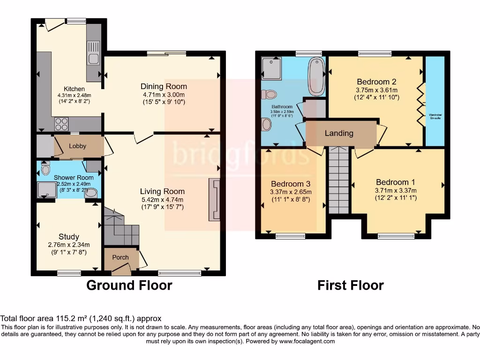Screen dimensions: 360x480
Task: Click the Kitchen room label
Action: [75, 89]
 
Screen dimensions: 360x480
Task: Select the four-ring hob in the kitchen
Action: [62, 123]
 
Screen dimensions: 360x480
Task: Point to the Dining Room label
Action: [164, 86]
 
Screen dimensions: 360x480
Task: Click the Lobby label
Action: [78, 146]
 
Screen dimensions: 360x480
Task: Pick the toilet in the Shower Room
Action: [45, 168]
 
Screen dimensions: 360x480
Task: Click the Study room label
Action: [69, 237]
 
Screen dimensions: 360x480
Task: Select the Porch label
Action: [120, 257]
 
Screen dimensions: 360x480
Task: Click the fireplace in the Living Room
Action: [215, 199]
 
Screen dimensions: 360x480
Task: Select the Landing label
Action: [339, 133]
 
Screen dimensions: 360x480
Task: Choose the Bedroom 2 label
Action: [377, 81]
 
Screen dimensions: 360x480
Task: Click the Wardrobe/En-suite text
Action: [435, 116]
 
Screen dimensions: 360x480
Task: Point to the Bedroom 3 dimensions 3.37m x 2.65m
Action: [291, 192]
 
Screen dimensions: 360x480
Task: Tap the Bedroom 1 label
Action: [396, 182]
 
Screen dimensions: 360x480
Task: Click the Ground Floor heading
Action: [129, 285]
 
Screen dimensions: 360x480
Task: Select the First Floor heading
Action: [351, 285]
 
